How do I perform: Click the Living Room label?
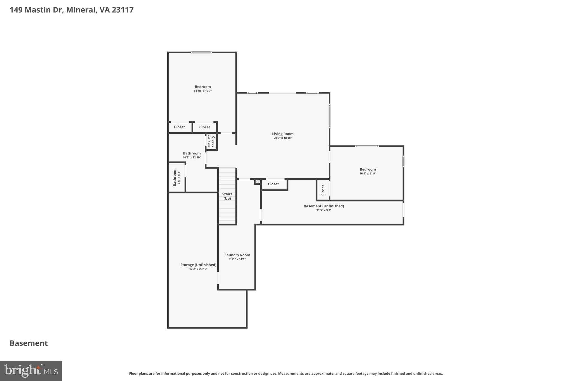[x=283, y=134]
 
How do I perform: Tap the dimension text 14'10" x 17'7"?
[x=203, y=91]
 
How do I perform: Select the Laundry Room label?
[x=237, y=255]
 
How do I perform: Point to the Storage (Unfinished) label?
[x=198, y=265]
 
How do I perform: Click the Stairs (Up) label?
[x=227, y=196]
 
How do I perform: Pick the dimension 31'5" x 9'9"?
[x=324, y=210]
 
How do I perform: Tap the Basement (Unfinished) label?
[x=324, y=206]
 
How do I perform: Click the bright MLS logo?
[x=31, y=371]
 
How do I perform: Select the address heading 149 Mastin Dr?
[x=71, y=10]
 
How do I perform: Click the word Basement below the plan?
[x=29, y=343]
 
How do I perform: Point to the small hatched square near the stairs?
[x=258, y=182]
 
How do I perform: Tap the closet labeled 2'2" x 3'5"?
[x=211, y=142]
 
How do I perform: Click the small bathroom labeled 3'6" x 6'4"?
[x=177, y=177]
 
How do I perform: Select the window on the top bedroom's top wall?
[x=201, y=52]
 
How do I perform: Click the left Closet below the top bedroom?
[x=179, y=127]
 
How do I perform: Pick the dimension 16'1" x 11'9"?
[x=368, y=174]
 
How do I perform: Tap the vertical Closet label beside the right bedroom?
[x=323, y=190]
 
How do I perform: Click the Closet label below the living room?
[x=273, y=184]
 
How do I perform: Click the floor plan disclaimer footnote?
[x=286, y=373]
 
